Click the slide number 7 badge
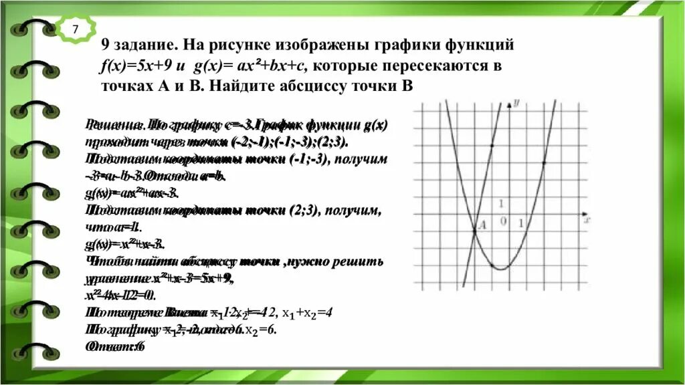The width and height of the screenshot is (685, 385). point(75,29)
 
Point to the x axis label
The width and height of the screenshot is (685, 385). point(586,219)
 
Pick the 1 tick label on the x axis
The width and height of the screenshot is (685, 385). point(521,223)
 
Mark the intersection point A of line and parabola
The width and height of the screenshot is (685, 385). point(474,231)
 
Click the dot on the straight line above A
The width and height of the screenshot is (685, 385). point(492,145)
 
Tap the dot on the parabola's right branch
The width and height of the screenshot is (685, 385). point(543,162)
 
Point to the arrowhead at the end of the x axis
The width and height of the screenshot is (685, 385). point(585,214)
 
